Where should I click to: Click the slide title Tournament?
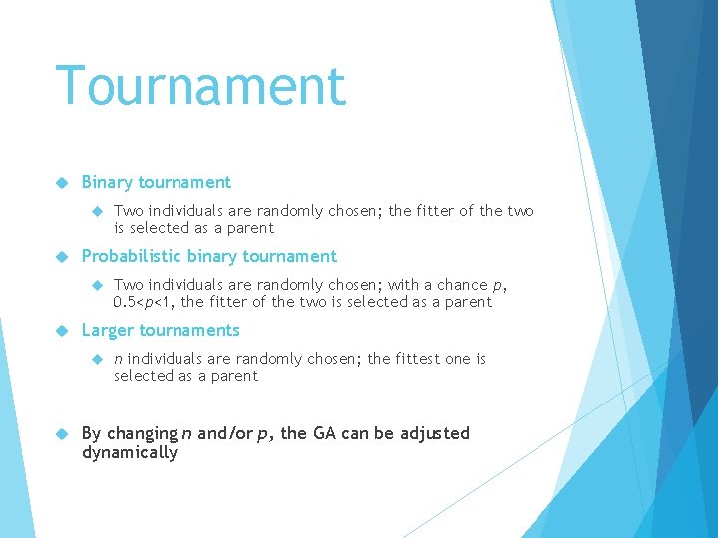click(x=200, y=86)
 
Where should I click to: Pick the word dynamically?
click(x=130, y=452)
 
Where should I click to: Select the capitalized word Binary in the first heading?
click(x=107, y=182)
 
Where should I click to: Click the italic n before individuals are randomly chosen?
click(x=119, y=359)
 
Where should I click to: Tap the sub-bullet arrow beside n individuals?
click(x=97, y=359)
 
